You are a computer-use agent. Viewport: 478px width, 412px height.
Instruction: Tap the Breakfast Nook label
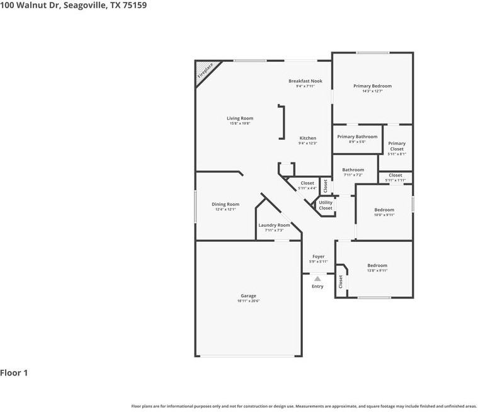click(x=305, y=81)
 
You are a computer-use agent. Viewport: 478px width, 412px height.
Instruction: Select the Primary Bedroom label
click(x=372, y=86)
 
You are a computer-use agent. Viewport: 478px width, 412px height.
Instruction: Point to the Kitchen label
click(x=307, y=138)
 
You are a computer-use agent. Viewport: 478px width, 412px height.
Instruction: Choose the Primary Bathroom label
click(x=357, y=137)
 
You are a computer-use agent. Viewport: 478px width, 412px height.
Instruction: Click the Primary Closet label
click(x=397, y=146)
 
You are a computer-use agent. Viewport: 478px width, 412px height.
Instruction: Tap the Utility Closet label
click(x=326, y=205)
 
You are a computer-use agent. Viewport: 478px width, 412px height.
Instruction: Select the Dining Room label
click(x=225, y=204)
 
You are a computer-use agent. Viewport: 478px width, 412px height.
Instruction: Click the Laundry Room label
click(x=274, y=225)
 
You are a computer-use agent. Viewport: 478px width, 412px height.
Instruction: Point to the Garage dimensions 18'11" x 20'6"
click(x=248, y=301)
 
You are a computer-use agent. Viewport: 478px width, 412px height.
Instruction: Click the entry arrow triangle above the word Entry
click(x=317, y=278)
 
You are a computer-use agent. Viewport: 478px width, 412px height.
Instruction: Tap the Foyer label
click(x=318, y=256)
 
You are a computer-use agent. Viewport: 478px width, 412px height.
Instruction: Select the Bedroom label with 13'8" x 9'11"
click(x=377, y=265)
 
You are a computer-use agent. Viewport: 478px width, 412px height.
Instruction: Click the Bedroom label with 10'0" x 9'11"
click(x=384, y=210)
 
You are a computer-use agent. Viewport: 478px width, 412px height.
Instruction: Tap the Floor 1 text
click(x=14, y=373)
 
